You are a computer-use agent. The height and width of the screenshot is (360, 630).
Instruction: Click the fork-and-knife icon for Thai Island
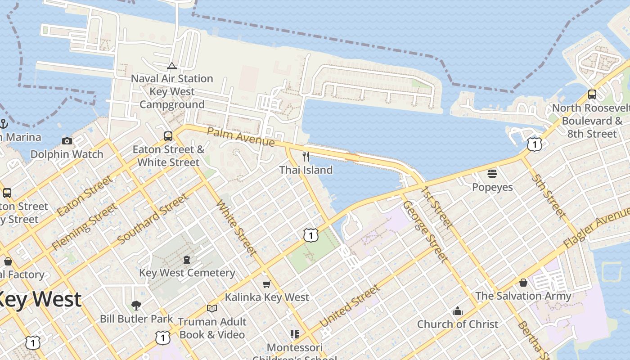pos(306,156)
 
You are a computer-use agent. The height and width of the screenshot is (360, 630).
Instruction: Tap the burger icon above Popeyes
pos(492,173)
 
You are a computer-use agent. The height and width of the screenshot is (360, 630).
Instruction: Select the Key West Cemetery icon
pos(187,259)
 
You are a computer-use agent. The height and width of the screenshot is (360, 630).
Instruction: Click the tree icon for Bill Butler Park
pos(136,306)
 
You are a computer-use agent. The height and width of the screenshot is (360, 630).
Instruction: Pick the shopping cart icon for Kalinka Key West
pos(267,283)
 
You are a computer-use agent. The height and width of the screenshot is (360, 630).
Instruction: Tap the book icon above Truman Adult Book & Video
pos(212,308)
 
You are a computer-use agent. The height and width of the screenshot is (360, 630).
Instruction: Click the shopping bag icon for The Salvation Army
pos(523,282)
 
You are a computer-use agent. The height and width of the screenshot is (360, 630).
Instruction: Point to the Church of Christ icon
pos(458,311)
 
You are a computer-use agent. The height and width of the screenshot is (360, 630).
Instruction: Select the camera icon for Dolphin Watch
pos(67,141)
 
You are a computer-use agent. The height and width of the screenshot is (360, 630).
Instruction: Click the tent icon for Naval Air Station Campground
pos(172,66)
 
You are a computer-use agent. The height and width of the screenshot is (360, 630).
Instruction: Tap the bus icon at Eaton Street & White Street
pos(168,136)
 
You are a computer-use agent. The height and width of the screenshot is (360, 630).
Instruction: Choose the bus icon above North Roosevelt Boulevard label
pos(592,94)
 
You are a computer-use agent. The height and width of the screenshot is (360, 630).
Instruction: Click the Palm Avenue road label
pos(241,136)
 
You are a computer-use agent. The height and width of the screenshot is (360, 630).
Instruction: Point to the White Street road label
pos(237,227)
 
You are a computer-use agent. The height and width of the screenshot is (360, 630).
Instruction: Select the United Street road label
pos(349,306)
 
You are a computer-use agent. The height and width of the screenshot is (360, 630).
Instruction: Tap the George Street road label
pos(425,231)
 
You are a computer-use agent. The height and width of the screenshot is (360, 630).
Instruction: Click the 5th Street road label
pos(548,196)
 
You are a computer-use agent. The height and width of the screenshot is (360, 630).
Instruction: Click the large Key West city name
pos(40,299)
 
